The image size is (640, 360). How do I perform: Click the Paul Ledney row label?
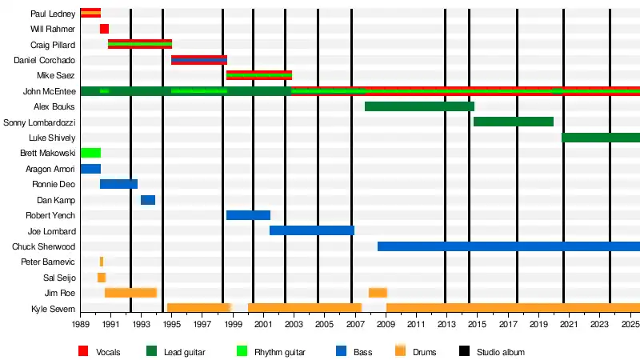tap(53, 14)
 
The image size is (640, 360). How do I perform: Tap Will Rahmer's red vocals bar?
tap(104, 29)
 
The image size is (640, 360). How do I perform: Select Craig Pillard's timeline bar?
tap(140, 44)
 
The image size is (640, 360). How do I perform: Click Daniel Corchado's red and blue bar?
tap(199, 60)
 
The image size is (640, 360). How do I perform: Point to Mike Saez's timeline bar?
tap(259, 75)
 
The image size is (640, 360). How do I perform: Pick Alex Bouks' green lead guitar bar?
tap(419, 106)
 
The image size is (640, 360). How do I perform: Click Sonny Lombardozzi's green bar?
tap(514, 122)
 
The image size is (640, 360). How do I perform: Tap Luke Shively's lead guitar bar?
tap(601, 138)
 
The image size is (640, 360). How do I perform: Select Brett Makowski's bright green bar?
tap(90, 153)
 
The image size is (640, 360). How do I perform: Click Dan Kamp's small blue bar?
tap(148, 200)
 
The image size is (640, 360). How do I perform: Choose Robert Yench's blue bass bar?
tap(248, 215)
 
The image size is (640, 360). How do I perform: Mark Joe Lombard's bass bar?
tap(312, 230)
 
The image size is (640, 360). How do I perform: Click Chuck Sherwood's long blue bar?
tap(509, 246)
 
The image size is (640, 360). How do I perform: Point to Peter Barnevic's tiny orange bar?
tap(102, 262)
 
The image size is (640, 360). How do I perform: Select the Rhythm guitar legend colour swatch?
tap(242, 351)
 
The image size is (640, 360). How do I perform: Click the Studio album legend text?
tap(501, 352)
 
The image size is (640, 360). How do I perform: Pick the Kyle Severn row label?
tap(53, 309)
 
